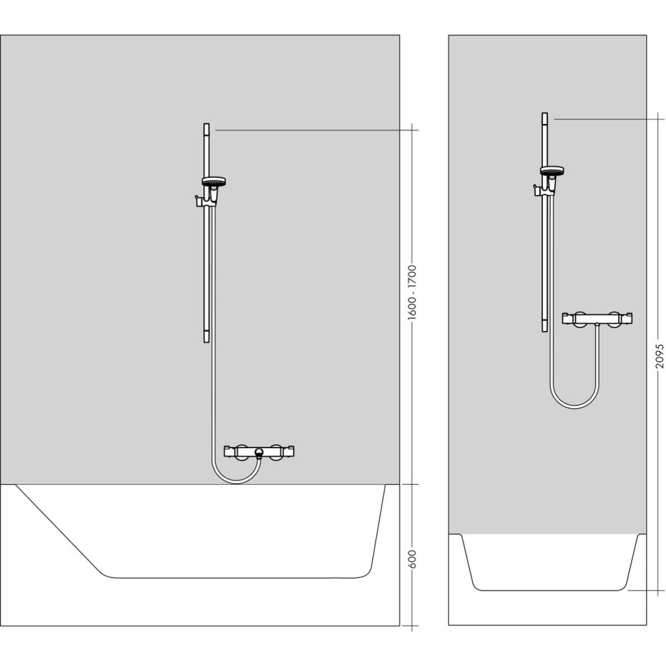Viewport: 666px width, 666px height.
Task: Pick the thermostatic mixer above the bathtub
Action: pos(259,452)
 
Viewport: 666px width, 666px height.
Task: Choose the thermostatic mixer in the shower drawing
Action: pos(597,318)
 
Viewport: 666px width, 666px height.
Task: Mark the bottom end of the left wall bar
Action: pos(206,340)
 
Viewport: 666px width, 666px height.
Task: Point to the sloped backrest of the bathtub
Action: pos(60,529)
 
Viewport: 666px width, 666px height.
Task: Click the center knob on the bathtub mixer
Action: pos(259,453)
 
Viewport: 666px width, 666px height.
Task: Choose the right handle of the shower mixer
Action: pos(625,318)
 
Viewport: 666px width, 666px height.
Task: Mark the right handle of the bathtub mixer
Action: pos(287,451)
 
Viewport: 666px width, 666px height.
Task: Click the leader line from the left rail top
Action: pos(313,131)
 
